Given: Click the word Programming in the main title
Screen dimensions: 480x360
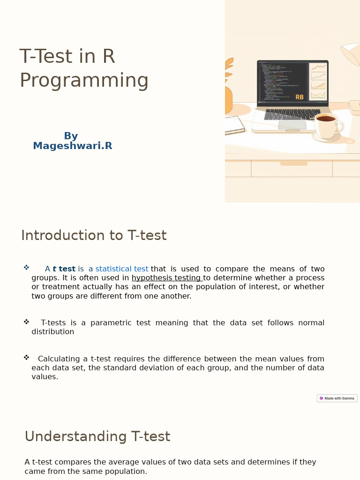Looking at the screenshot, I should tap(84, 81).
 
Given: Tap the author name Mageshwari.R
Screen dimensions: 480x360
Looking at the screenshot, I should tap(73, 146).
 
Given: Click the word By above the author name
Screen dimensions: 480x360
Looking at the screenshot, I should tap(71, 136).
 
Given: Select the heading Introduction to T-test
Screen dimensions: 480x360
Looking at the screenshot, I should tap(94, 235).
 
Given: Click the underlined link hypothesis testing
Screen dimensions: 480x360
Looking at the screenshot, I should tap(166, 278).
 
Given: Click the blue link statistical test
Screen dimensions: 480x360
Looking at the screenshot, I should tap(122, 269).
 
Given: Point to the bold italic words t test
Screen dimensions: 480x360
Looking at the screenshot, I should tap(64, 269).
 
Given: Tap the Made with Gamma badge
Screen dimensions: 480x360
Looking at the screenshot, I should tap(337, 398).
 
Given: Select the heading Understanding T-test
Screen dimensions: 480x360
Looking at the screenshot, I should tap(97, 437).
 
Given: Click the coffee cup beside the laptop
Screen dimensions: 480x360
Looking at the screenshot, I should tap(327, 125).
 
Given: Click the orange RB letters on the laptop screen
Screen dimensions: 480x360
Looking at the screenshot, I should tap(300, 97).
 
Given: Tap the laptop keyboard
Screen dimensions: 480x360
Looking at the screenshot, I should tap(292, 115).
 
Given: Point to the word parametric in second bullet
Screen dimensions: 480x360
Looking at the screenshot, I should tap(111, 323).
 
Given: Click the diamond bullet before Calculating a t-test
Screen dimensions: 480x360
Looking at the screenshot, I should tap(26, 358).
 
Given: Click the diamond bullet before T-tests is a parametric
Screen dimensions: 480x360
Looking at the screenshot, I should tap(26, 322).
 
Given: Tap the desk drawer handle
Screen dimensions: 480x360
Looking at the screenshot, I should tap(294, 164).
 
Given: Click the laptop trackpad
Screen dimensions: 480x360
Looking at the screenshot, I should tap(292, 125).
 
